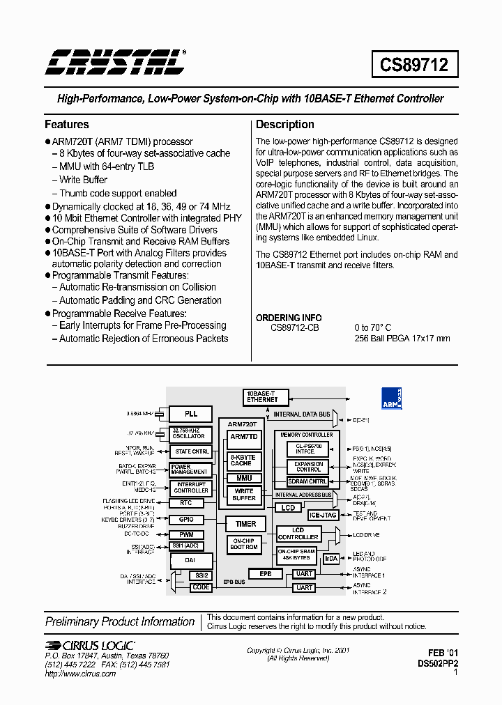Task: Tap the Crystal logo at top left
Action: tap(115, 62)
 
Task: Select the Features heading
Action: tap(67, 125)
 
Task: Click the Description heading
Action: tap(284, 125)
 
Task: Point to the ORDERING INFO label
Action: tap(288, 318)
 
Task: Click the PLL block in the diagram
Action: tap(191, 414)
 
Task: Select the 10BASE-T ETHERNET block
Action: tap(262, 396)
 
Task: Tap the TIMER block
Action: tap(245, 524)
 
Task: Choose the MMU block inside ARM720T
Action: tap(244, 478)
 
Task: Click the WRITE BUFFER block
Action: tap(244, 495)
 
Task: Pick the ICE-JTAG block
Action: tap(323, 516)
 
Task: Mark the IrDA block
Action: tap(332, 558)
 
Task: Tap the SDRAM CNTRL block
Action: tap(307, 481)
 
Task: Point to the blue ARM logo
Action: tap(391, 398)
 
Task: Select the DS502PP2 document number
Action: tap(438, 664)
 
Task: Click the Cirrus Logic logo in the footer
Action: tap(90, 645)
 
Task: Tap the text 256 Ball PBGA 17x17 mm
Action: tap(402, 339)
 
